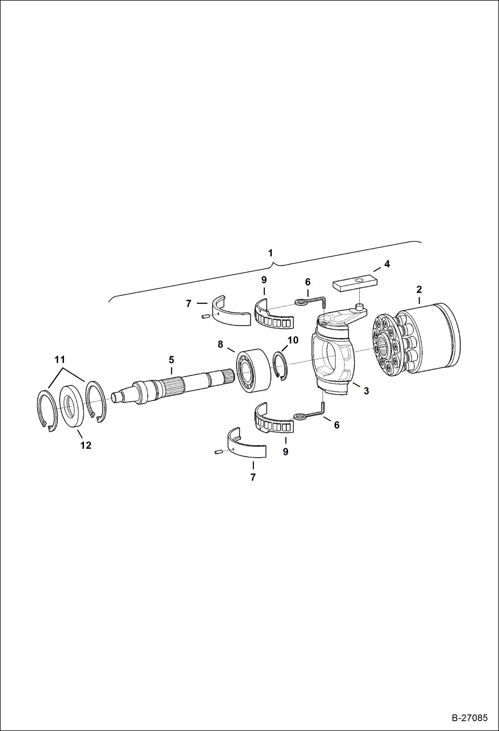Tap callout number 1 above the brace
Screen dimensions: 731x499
270,253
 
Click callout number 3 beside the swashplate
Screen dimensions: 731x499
366,391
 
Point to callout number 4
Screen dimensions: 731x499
387,264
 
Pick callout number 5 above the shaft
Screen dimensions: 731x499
171,360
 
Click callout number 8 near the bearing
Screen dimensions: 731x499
220,344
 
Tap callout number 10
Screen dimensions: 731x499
293,340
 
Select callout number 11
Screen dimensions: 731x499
60,360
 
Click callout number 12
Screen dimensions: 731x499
86,445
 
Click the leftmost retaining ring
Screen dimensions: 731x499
46,412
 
